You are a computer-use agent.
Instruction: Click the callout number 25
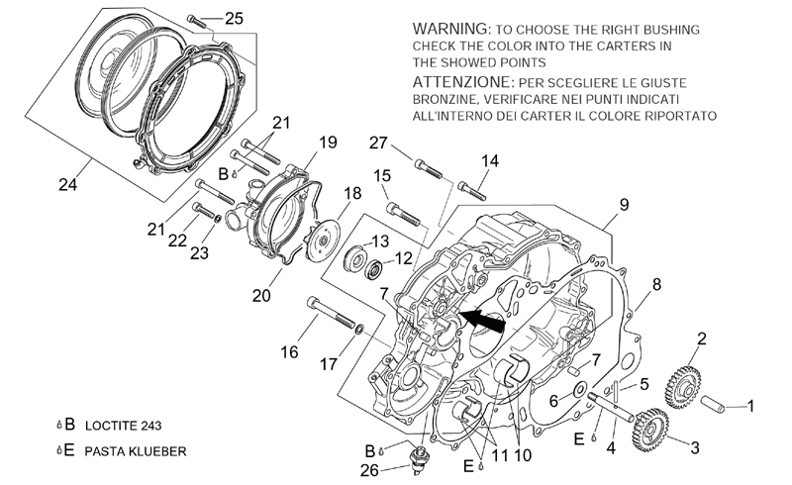[x=234, y=19]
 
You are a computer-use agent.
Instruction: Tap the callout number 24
[x=67, y=185]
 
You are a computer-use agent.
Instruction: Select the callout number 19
[x=328, y=143]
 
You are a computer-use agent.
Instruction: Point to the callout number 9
[x=624, y=205]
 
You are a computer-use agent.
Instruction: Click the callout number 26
[x=369, y=470]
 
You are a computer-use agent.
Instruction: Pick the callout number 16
[x=289, y=352]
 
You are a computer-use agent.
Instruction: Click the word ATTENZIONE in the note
[x=462, y=81]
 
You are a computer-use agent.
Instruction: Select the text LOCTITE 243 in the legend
[x=123, y=426]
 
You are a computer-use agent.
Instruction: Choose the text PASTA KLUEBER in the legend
[x=136, y=451]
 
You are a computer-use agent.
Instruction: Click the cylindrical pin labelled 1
[x=713, y=403]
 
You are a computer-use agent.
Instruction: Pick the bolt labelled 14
[x=472, y=191]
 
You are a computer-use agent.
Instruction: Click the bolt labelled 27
[x=429, y=168]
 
